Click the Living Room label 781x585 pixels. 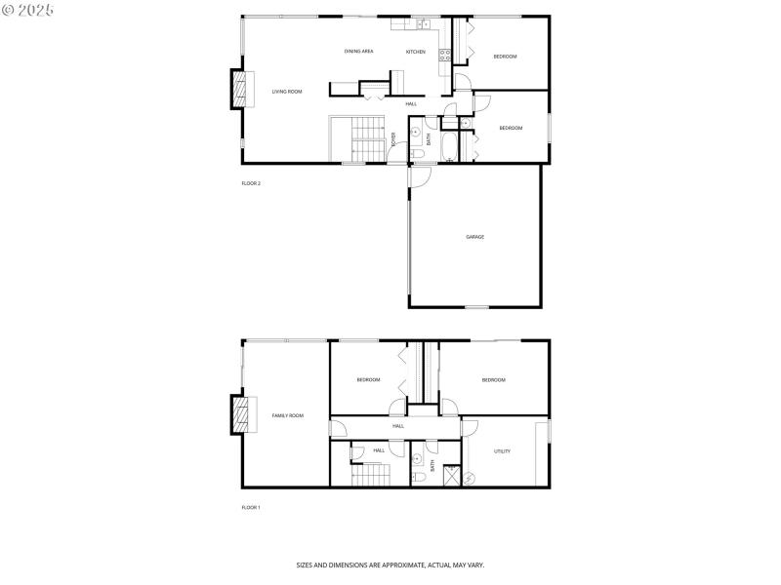(x=287, y=92)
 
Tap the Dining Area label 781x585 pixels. (x=358, y=51)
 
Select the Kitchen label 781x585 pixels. (x=416, y=52)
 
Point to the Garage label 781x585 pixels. (x=474, y=237)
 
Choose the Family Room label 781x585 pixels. (x=287, y=415)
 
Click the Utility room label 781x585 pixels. (x=502, y=451)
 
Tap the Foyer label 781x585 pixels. (x=393, y=139)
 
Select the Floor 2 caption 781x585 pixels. (x=251, y=183)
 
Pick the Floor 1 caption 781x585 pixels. (x=251, y=508)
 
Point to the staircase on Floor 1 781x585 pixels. (x=370, y=476)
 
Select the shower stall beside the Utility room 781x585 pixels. (x=453, y=477)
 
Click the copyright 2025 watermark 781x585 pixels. (x=28, y=9)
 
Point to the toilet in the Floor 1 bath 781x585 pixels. (x=418, y=477)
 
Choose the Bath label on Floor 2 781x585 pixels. (x=429, y=139)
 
